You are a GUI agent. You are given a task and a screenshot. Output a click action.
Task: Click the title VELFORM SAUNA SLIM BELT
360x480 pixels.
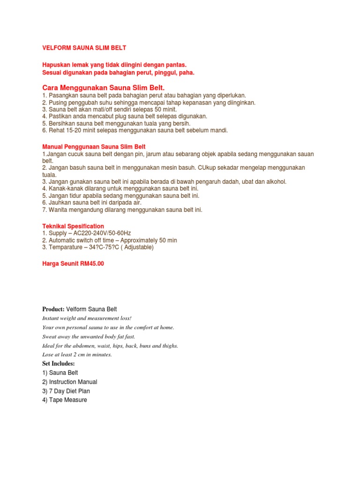coord(84,48)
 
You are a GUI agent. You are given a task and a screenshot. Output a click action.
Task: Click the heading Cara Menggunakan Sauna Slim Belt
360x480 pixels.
coord(104,88)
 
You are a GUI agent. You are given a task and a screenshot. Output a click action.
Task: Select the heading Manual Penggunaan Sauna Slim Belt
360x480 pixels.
coord(94,147)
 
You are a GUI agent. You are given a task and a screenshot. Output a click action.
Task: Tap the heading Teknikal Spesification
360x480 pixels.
coord(73,226)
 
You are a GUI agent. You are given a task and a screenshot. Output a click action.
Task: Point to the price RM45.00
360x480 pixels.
coord(92,263)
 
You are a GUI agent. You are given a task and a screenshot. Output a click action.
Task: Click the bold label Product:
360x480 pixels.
coord(53,309)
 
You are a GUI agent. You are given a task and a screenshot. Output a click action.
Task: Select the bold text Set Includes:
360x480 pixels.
coord(59,363)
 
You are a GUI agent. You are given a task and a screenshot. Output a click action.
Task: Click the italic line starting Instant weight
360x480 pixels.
coord(87,318)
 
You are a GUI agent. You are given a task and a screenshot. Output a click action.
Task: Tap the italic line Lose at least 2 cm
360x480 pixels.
coord(77,354)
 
